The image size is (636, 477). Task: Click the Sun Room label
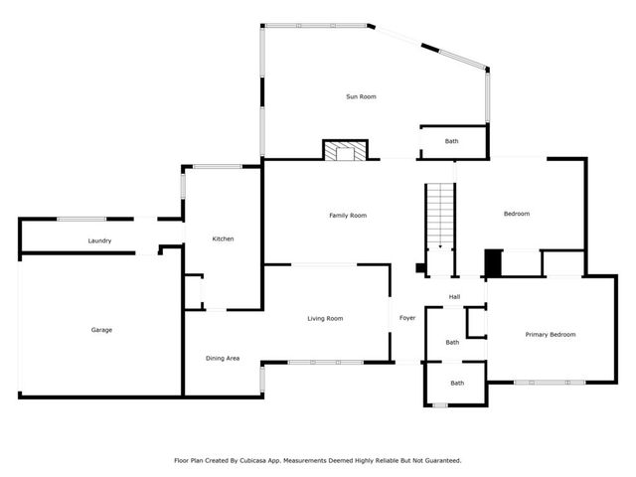pyautogui.click(x=361, y=96)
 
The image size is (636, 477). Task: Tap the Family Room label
pyautogui.click(x=348, y=215)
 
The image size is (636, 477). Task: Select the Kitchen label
pyautogui.click(x=223, y=238)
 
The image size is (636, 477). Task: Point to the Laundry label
pyautogui.click(x=99, y=240)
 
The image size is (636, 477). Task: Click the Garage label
pyautogui.click(x=101, y=330)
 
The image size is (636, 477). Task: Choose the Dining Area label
pyautogui.click(x=223, y=358)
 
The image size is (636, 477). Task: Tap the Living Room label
pyautogui.click(x=325, y=318)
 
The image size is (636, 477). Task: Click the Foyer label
pyautogui.click(x=407, y=318)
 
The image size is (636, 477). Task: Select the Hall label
pyautogui.click(x=454, y=296)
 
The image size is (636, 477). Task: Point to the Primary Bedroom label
pyautogui.click(x=550, y=335)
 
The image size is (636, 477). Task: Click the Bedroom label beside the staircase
pyautogui.click(x=516, y=214)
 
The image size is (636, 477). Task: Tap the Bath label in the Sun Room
pyautogui.click(x=452, y=142)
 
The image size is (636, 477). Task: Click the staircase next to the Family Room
pyautogui.click(x=440, y=217)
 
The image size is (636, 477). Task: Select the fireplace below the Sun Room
pyautogui.click(x=345, y=150)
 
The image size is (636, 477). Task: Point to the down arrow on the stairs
pyautogui.click(x=440, y=244)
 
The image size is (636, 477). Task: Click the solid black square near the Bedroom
pyautogui.click(x=492, y=262)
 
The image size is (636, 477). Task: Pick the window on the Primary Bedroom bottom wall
pyautogui.click(x=550, y=383)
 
